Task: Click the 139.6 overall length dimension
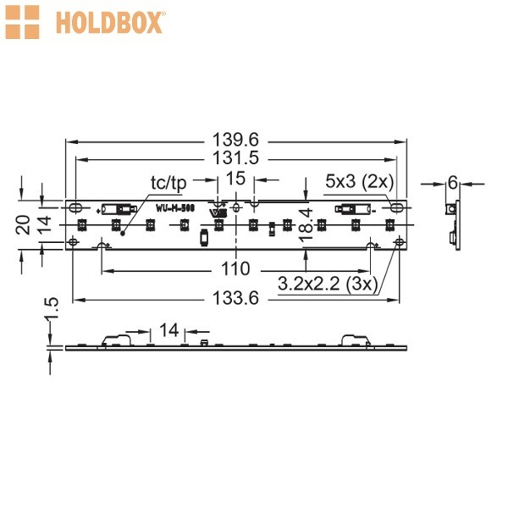pyautogui.click(x=235, y=141)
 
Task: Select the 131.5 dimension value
pyautogui.click(x=235, y=158)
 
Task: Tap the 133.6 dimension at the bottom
pyautogui.click(x=235, y=298)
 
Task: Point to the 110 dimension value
pyautogui.click(x=235, y=269)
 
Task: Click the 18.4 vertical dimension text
pyautogui.click(x=306, y=225)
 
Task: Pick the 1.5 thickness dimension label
pyautogui.click(x=52, y=308)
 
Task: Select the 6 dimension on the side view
pyautogui.click(x=453, y=184)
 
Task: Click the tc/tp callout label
pyautogui.click(x=168, y=183)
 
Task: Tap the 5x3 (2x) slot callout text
pyautogui.click(x=360, y=181)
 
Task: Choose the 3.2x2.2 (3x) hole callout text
pyautogui.click(x=328, y=284)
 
